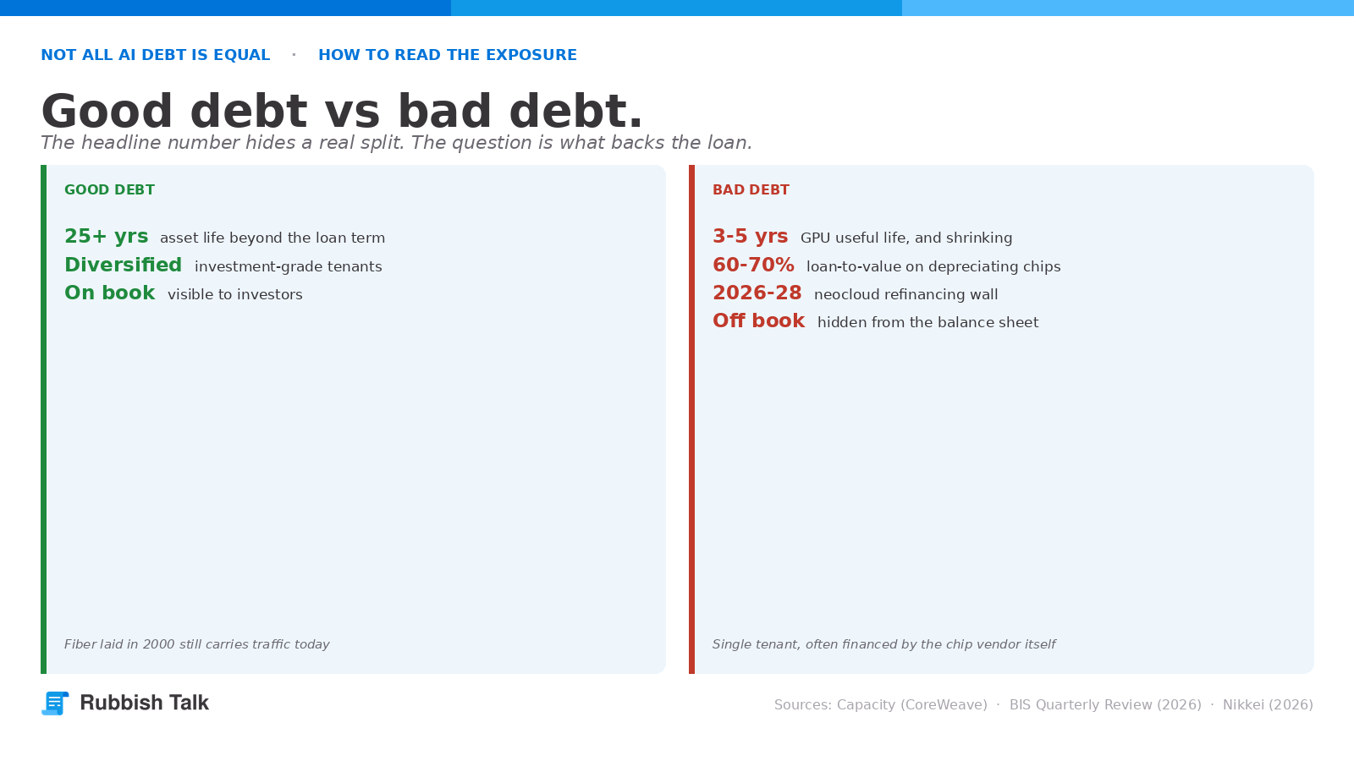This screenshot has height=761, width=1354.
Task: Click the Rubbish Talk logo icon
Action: [55, 703]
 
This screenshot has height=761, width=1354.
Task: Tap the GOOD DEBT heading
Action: [109, 189]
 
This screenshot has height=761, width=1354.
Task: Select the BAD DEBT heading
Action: [751, 189]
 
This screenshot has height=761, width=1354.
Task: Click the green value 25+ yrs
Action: [107, 236]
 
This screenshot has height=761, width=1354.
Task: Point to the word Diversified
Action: [124, 265]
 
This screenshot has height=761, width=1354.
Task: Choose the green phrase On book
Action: [110, 293]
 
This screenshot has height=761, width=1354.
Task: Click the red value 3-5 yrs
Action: [750, 236]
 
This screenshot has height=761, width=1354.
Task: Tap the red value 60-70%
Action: [753, 265]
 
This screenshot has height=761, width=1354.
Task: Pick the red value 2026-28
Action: [757, 293]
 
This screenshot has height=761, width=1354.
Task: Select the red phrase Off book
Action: [758, 320]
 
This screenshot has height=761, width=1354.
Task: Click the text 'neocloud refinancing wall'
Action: [906, 294]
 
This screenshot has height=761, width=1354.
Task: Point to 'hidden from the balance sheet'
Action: [927, 322]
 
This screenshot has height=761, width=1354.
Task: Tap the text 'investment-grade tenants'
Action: [289, 266]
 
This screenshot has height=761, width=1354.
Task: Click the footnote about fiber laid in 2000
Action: [197, 644]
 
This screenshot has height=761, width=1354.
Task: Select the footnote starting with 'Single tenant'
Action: [883, 644]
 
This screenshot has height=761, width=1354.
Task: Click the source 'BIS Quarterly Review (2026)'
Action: [1105, 705]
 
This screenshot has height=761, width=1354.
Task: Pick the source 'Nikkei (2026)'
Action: [1269, 705]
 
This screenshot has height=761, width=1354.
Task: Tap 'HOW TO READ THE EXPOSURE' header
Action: [448, 55]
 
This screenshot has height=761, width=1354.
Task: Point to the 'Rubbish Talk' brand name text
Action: [145, 703]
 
